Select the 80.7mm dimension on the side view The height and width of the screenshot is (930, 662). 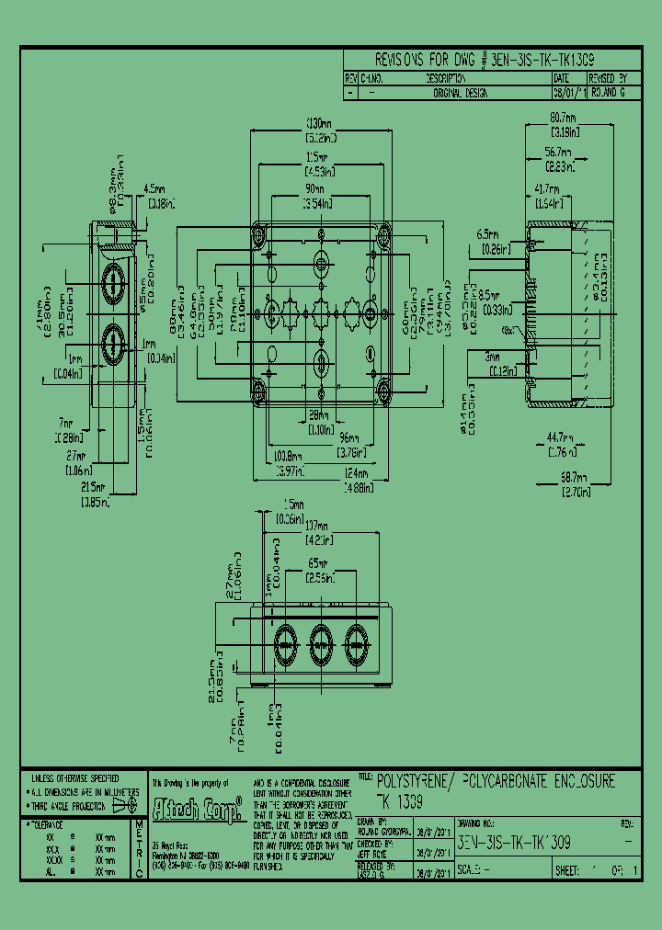[562, 118]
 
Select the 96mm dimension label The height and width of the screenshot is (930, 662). [347, 437]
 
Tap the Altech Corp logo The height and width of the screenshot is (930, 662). [197, 807]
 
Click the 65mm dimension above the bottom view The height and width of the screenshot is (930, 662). [319, 561]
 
